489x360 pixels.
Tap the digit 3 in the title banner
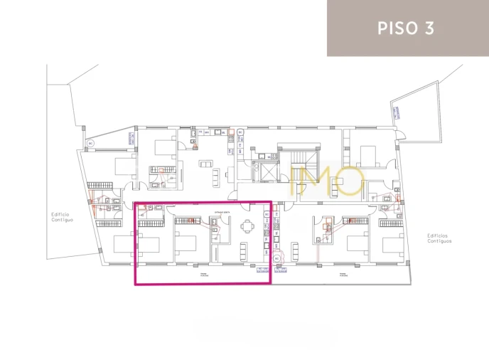click(429, 28)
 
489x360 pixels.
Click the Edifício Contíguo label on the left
click(62, 217)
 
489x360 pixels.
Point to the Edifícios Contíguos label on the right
click(439, 238)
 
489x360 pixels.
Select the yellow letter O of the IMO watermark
click(350, 182)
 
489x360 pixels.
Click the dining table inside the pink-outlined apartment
click(247, 226)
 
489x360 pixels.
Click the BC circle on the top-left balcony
click(90, 143)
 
